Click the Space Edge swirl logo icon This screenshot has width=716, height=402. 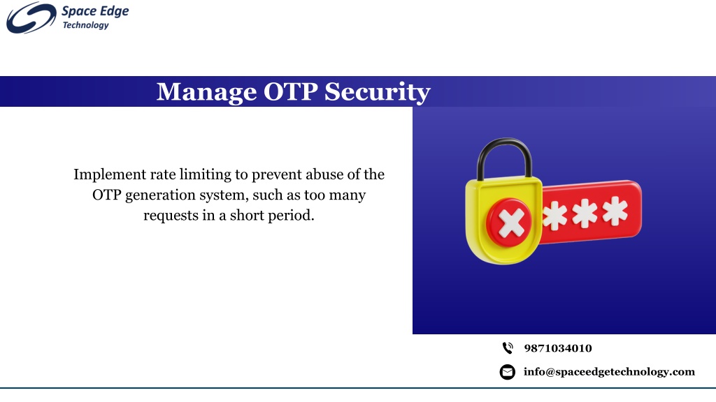(31, 17)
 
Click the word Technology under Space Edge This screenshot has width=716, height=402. (85, 26)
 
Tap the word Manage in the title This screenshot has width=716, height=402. (206, 93)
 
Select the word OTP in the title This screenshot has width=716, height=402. (290, 91)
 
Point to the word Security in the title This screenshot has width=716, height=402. (378, 93)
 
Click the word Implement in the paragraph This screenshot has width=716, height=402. (110, 175)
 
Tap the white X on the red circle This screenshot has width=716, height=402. (511, 223)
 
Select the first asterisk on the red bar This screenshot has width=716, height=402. (554, 216)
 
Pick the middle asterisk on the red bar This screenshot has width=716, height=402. (585, 213)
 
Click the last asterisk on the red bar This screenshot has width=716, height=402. (615, 211)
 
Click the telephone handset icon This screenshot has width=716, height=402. (508, 348)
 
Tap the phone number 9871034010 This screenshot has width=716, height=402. (558, 349)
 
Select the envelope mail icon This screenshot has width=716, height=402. (508, 372)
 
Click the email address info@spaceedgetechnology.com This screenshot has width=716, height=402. (609, 372)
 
